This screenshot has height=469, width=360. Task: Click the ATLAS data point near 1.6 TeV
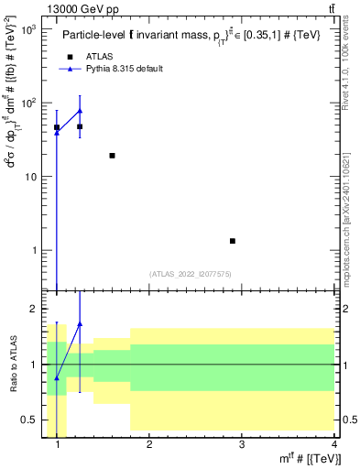[x=112, y=156]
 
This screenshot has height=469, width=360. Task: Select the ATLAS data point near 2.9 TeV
[x=233, y=241]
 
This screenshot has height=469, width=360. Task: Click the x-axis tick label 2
[x=149, y=446]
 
